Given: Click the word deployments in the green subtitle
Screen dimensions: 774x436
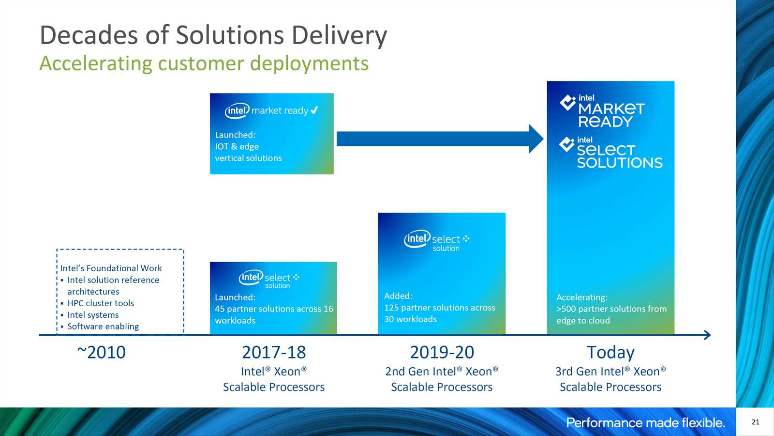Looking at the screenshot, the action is coord(309,63).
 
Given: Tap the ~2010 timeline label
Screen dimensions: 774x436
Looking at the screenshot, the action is coord(101,352).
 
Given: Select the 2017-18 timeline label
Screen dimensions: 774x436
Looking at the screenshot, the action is coord(274,352).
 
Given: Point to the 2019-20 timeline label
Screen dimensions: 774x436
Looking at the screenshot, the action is coord(442,352).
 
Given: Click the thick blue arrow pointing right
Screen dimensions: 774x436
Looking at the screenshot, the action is coord(440,139).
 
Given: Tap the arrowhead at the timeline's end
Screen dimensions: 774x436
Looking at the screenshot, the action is coord(707,335).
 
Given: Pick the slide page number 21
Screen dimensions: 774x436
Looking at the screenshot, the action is coord(755,422).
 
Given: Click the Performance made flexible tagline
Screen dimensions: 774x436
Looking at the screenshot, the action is coord(645,422).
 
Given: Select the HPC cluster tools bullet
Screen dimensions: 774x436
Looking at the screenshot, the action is coord(101,303).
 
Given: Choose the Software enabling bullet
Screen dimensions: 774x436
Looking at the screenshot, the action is coord(103,327).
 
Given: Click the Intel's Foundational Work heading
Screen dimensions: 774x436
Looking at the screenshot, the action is coord(111,268).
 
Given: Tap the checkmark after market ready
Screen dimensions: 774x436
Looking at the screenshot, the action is coord(314,109).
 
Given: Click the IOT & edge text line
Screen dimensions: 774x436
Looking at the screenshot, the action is coord(237,146).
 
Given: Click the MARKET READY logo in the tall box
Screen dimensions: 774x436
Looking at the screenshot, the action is coord(602,111).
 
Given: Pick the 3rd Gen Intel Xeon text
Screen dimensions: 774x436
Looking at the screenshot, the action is coord(610,371).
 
